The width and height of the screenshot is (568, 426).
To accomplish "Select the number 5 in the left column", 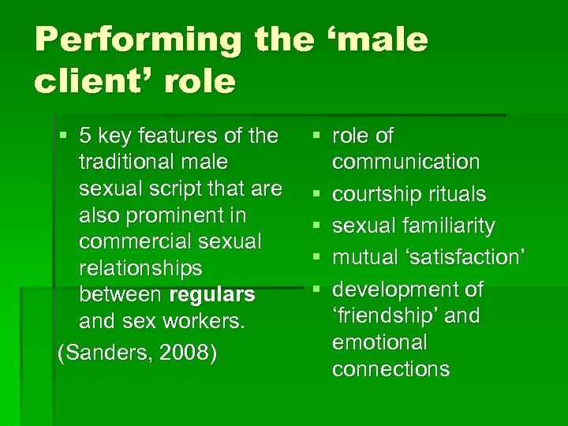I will click(86, 136).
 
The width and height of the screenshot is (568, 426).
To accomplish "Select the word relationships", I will click(140, 268).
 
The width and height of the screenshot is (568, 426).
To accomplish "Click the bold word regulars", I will click(212, 295).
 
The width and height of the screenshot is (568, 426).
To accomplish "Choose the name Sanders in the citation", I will click(106, 352).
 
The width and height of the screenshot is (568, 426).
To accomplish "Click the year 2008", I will click(185, 352).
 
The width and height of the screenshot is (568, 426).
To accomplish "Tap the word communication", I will click(405, 163).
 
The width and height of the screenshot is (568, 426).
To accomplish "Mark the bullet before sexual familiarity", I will click(316, 226).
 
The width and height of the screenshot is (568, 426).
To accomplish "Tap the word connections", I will click(390, 369).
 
